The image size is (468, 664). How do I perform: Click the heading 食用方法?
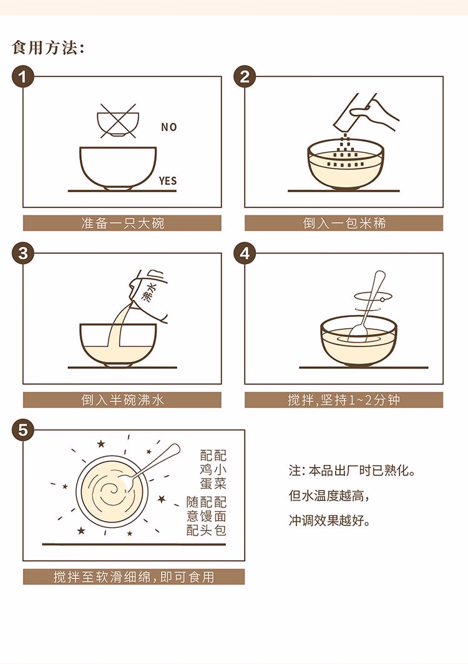coord(48,47)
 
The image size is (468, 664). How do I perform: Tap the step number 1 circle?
coord(23,77)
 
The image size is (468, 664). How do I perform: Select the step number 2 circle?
coord(245,77)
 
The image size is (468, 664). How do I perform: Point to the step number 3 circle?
coord(23,253)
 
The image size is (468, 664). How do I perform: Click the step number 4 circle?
coord(245,253)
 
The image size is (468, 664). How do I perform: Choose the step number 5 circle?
coord(23,430)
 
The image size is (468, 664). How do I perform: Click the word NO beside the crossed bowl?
coord(168,127)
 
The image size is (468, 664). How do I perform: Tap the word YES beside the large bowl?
coord(168,181)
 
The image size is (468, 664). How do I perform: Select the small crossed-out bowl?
coord(119,120)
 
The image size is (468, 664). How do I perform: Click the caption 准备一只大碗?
coord(122,223)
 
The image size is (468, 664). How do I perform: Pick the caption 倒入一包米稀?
coord(344,223)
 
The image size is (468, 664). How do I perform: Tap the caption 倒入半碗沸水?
coord(122,400)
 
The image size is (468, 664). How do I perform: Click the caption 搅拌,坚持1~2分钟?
coord(343,400)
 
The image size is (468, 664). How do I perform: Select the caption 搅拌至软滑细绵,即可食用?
coord(134,577)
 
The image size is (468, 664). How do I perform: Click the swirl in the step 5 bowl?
coord(112,490)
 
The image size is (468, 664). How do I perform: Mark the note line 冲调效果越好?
coord(329,520)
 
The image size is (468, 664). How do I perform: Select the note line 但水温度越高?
coord(329,495)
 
